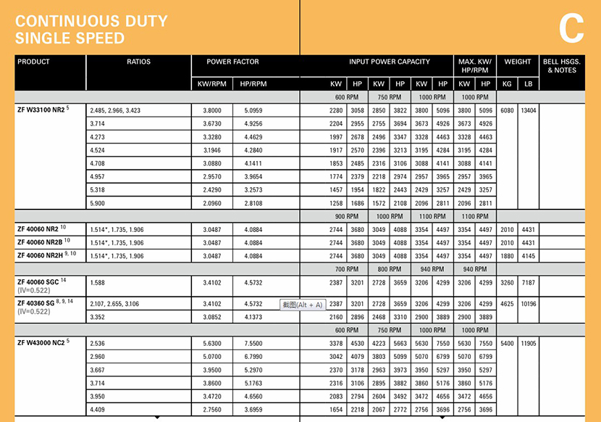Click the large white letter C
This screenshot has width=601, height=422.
(571, 29)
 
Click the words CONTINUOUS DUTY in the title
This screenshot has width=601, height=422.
(91, 21)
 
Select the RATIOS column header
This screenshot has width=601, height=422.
(138, 62)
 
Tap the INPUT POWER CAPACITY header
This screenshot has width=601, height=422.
(389, 62)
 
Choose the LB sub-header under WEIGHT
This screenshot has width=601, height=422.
(528, 84)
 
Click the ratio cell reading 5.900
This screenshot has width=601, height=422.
(97, 204)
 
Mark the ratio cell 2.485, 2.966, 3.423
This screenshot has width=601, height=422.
(115, 111)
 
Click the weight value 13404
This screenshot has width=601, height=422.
(529, 111)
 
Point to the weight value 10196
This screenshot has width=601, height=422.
(529, 305)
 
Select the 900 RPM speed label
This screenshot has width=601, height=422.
(346, 216)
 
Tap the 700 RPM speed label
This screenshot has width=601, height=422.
(346, 269)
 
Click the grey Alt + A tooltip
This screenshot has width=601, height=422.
(302, 305)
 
